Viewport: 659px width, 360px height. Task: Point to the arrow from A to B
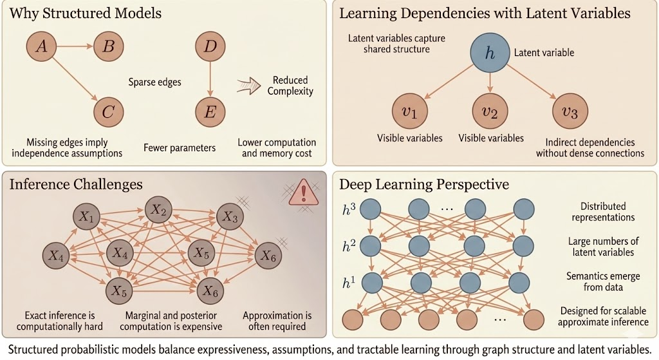click(x=77, y=46)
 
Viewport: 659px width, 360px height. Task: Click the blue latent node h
click(x=490, y=53)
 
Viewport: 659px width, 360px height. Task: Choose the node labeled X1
click(x=86, y=218)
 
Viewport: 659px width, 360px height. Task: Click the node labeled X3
click(x=231, y=218)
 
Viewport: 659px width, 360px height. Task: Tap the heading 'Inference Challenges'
click(x=75, y=185)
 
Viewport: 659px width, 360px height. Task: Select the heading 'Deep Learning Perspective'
click(x=424, y=185)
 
